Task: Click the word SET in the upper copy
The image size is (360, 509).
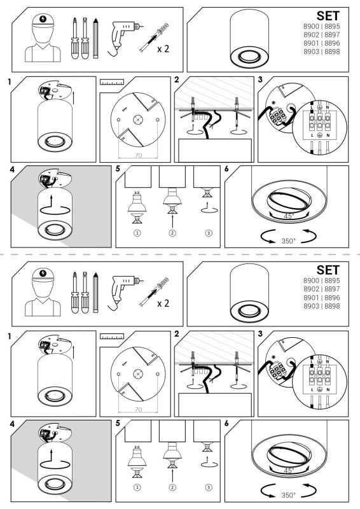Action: coord(328,16)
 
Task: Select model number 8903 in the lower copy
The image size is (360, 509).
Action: coord(311,306)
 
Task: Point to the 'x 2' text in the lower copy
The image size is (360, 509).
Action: coord(163,303)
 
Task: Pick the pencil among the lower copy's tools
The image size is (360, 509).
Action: coord(95,293)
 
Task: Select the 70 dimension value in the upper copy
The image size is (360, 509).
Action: coord(138,155)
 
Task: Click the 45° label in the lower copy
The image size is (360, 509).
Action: coord(288,470)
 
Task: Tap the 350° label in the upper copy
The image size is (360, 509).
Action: coord(289,241)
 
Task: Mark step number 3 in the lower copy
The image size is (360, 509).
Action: coord(260,334)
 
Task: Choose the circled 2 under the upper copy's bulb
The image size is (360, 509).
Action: coord(172,233)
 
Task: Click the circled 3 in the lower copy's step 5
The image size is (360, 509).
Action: coord(209,487)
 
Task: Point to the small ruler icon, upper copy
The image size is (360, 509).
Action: coord(112,81)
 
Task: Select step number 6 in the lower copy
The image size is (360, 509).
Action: coord(226,423)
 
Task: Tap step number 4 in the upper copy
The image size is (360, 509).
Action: coord(12,169)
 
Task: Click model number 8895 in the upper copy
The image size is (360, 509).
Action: coord(332,26)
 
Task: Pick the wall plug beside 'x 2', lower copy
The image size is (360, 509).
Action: coord(154,292)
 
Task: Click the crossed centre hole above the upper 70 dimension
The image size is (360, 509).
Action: coord(138,120)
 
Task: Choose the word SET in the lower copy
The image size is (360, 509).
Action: coord(328,270)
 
